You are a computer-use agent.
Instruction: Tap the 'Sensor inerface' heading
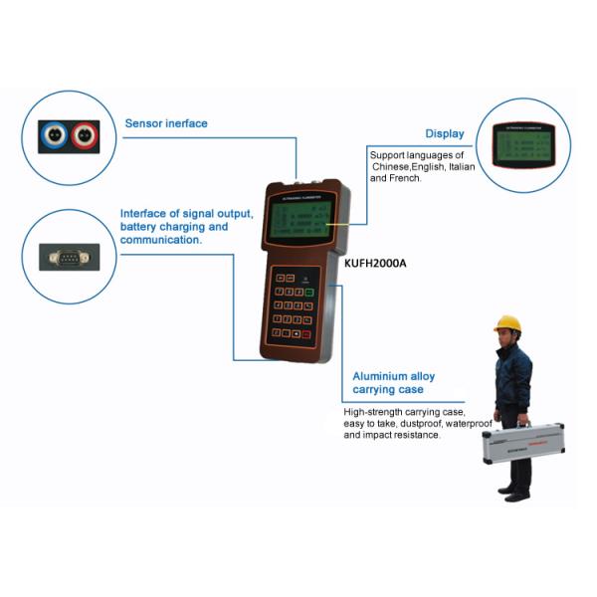click(166, 124)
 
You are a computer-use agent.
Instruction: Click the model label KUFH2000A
click(375, 264)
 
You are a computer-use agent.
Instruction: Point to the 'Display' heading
click(445, 133)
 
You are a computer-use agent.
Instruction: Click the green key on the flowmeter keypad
click(310, 293)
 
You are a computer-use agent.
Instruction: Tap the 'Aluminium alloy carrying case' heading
click(394, 382)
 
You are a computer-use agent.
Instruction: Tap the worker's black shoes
click(516, 495)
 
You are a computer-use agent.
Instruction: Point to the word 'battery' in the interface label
click(139, 227)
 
